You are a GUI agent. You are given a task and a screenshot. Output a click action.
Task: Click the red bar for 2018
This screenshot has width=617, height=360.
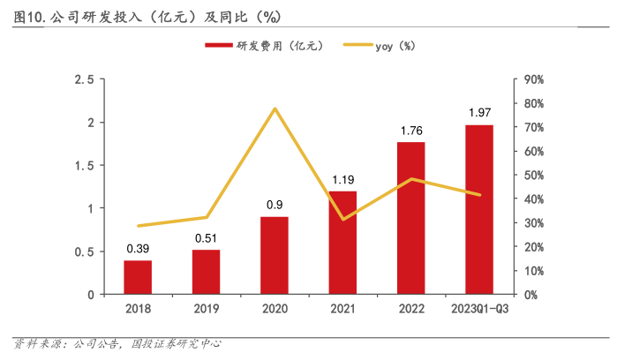coord(138,277)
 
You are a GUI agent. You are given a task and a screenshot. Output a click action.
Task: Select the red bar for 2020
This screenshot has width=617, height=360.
coord(275,256)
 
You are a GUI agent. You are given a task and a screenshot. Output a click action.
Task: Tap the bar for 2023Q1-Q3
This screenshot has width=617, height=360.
coord(479,210)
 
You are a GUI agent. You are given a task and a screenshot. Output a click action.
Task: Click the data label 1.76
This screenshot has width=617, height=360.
coord(411,131)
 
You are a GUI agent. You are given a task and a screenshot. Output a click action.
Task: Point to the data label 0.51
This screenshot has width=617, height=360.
coord(207,237)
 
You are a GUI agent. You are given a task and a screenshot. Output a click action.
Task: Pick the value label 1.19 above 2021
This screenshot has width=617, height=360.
coord(343,180)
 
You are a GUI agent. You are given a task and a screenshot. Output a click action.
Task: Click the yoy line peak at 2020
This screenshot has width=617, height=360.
coord(275,109)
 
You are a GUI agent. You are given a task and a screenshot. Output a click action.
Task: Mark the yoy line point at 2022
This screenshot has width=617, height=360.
coord(411,179)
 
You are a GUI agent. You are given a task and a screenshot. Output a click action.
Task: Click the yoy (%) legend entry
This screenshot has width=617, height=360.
coord(395,46)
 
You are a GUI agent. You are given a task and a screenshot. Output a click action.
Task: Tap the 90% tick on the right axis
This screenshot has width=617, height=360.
coord(534,79)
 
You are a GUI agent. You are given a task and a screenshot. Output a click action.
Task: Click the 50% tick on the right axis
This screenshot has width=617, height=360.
coord(534,176)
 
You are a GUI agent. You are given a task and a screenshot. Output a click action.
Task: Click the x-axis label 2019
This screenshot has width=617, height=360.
coord(207,309)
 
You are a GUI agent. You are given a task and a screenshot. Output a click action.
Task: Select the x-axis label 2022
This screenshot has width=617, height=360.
coord(411,309)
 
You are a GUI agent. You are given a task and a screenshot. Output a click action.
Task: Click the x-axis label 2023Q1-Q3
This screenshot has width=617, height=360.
coord(479,309)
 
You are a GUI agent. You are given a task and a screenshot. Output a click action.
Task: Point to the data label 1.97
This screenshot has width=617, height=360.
coord(479,113)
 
